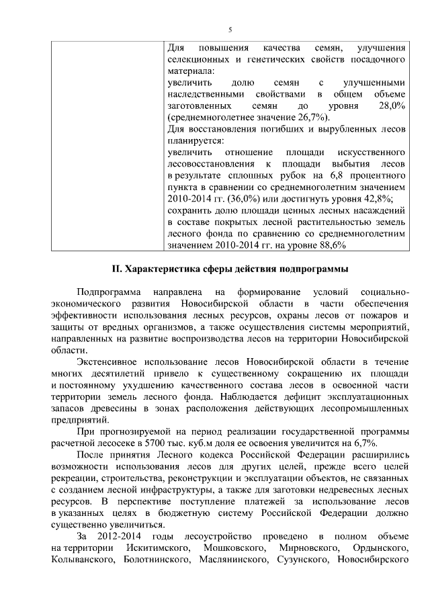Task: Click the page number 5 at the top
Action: [230, 30]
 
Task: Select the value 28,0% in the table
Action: [392, 106]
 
